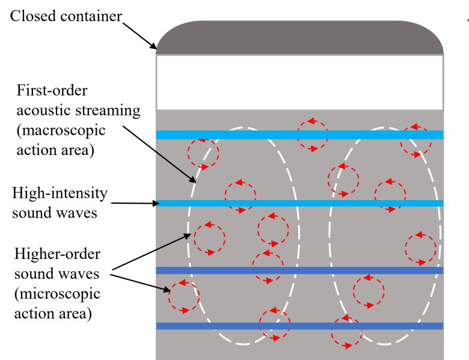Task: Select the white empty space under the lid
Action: click(x=299, y=82)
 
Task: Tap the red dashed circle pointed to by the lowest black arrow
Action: click(x=183, y=297)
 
